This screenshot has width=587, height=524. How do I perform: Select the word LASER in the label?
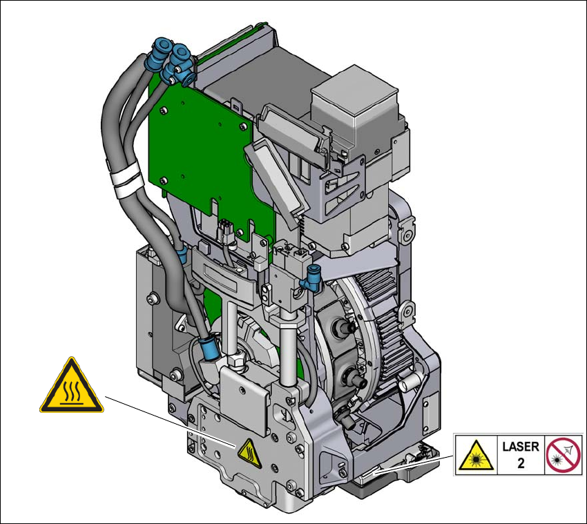pos(521,447)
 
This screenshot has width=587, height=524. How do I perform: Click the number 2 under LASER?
pos(521,463)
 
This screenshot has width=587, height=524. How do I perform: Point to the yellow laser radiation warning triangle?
pos(476,456)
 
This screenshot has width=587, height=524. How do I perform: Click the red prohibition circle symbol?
pos(563,455)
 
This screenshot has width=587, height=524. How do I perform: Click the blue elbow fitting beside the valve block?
pos(313,278)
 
